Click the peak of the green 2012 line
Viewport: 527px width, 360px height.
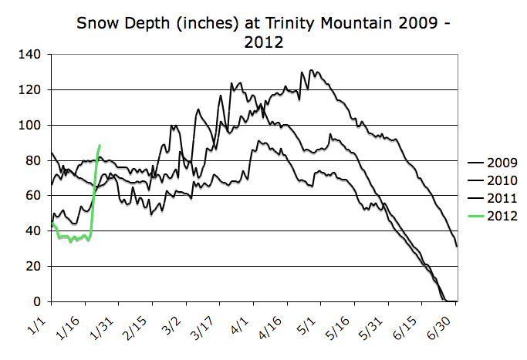(100, 145)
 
